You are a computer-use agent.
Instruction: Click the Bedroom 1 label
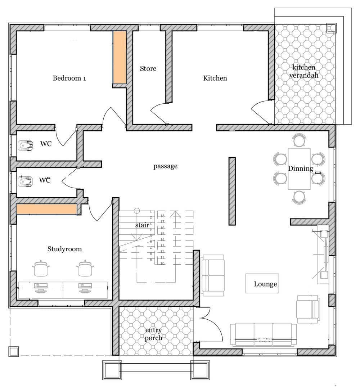click(x=69, y=78)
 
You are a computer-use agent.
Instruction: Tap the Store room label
click(x=148, y=68)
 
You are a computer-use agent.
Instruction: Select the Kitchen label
click(x=215, y=78)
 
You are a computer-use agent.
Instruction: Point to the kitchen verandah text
click(x=304, y=71)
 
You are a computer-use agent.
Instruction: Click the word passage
click(x=165, y=166)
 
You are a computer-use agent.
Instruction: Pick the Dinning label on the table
click(x=300, y=168)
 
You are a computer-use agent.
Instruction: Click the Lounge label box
click(x=265, y=284)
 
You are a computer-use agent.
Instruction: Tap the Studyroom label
click(x=64, y=249)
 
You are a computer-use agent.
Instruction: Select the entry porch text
click(x=153, y=334)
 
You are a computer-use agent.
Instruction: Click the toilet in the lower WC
click(x=25, y=181)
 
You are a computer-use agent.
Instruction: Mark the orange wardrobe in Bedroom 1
click(x=120, y=58)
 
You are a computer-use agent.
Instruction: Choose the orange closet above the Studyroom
click(x=46, y=210)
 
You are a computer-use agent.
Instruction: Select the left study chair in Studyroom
click(x=41, y=268)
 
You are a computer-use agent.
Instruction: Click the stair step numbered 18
click(x=162, y=216)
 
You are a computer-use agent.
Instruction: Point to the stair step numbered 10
click(x=162, y=264)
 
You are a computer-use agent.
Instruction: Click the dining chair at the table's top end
click(x=299, y=140)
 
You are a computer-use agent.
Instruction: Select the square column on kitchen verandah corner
click(x=330, y=28)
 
